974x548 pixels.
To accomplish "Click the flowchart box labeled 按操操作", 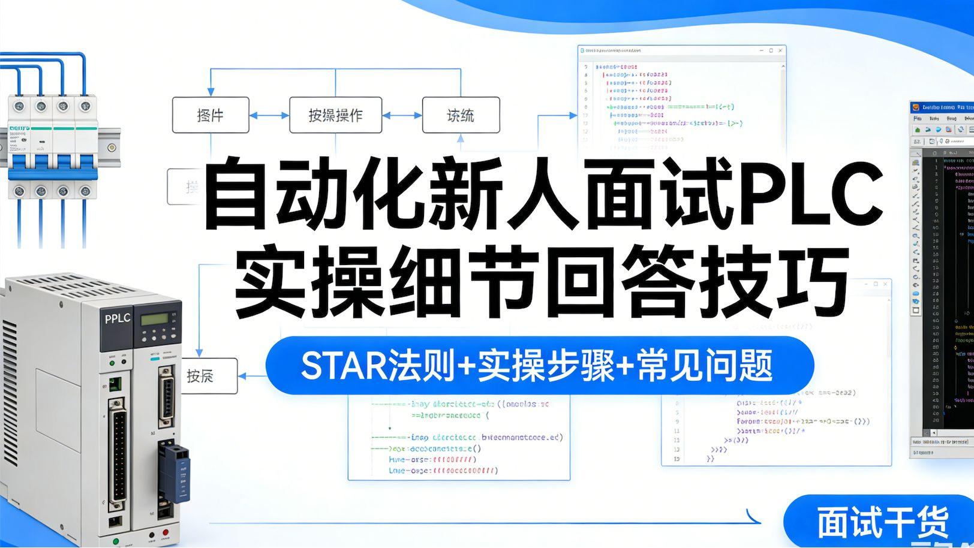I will (x=335, y=115).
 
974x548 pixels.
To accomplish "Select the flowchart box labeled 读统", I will (x=461, y=115).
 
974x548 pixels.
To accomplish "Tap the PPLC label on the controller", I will (x=117, y=318).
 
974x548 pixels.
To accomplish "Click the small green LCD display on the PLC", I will (x=153, y=320).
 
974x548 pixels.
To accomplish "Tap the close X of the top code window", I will (x=780, y=51).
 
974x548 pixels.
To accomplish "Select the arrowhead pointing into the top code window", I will (x=573, y=115).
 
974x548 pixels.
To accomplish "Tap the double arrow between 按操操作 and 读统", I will (x=402, y=115).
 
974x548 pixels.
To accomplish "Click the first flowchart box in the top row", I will (x=211, y=115).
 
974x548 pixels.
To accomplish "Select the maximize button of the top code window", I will (x=771, y=51).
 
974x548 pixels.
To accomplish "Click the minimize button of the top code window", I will (x=760, y=51).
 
